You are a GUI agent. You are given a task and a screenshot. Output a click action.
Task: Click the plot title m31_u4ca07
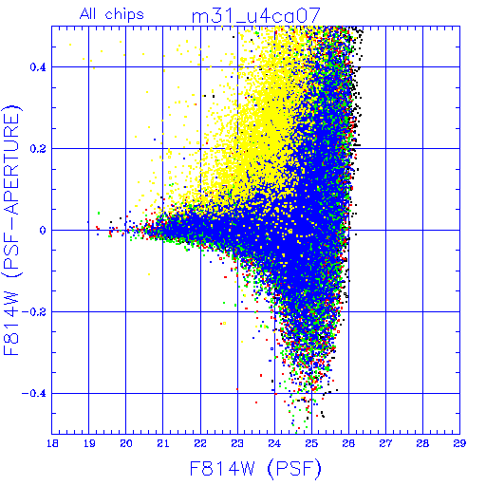click(256, 16)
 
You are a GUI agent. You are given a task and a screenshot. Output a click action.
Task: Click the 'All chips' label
click(112, 14)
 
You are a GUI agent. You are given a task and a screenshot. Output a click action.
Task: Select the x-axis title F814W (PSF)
click(255, 468)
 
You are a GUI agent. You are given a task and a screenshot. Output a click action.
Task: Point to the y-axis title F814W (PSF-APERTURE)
click(12, 230)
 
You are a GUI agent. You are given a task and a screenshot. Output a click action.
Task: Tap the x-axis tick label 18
click(52, 443)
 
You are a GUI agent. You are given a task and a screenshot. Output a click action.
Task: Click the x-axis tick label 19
click(89, 443)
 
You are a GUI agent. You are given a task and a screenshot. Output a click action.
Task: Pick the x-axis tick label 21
click(163, 443)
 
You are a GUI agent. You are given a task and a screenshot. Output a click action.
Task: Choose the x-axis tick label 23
click(237, 443)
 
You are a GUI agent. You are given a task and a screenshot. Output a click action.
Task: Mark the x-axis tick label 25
click(311, 443)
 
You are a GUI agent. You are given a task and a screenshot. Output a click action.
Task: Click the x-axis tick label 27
click(385, 443)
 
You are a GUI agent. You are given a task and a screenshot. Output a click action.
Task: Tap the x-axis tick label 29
click(459, 443)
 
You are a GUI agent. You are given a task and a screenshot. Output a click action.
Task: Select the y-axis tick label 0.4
click(38, 67)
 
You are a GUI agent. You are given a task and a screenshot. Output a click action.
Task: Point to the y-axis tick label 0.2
click(38, 149)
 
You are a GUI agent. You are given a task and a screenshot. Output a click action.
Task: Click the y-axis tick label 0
click(43, 231)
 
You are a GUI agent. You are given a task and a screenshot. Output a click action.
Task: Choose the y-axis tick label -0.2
click(34, 312)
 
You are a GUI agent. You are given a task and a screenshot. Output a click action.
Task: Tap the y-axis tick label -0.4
click(34, 394)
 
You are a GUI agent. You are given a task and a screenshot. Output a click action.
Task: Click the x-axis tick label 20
click(126, 443)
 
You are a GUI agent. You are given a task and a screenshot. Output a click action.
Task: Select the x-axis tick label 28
click(422, 443)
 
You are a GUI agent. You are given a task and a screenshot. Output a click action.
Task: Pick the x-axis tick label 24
click(274, 443)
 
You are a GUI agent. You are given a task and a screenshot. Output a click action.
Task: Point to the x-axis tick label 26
click(348, 443)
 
